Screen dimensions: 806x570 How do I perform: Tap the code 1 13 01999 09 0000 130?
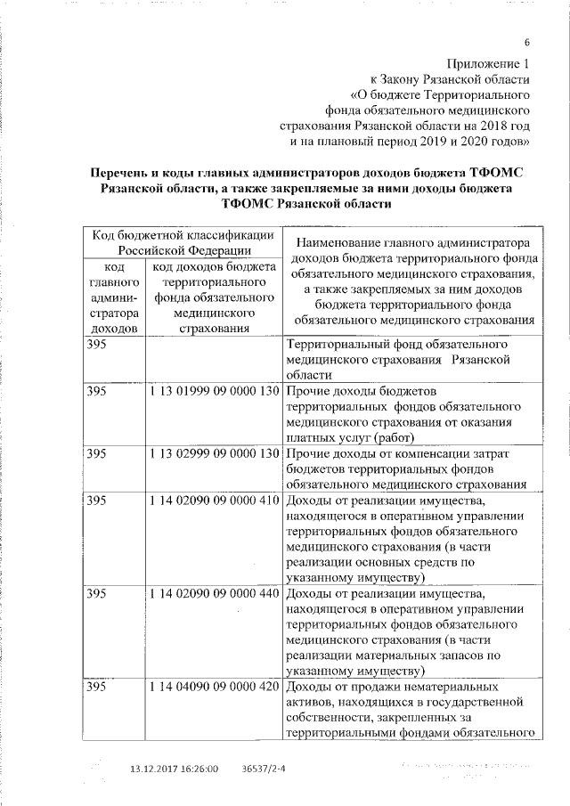(215, 392)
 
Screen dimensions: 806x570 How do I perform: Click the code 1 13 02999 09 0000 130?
(215, 453)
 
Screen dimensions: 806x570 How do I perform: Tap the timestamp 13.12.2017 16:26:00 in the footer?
(174, 768)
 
